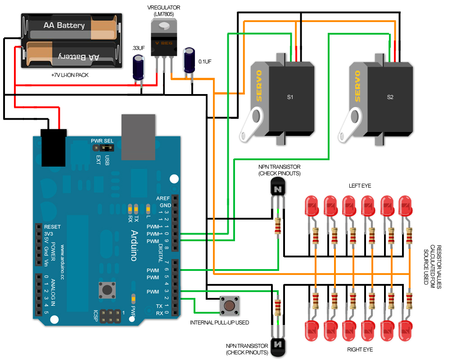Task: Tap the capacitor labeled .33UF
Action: (138, 67)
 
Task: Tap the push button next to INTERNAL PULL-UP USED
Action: (229, 306)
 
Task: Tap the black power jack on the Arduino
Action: (54, 147)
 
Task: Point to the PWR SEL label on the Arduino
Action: (102, 141)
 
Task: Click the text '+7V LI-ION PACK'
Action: (70, 75)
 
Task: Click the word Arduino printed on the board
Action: (134, 245)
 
